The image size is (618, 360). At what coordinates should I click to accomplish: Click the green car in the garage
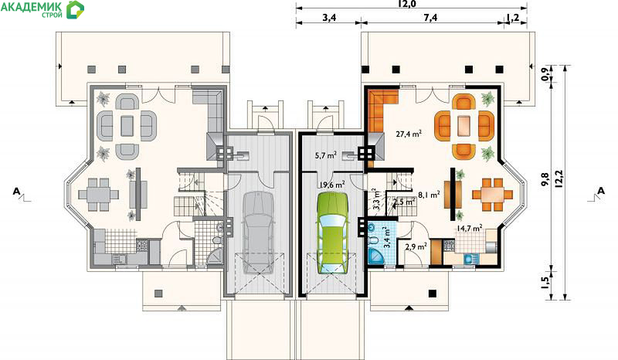(x=333, y=233)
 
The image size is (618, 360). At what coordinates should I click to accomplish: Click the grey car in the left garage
(x=258, y=233)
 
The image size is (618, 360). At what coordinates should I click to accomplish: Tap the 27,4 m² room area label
(x=409, y=134)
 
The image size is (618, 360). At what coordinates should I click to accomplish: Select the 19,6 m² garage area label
(x=332, y=184)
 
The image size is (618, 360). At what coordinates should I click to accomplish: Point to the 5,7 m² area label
(x=325, y=155)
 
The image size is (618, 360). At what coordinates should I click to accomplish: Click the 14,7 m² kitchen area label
(x=470, y=228)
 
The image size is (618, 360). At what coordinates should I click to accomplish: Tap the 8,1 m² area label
(x=429, y=195)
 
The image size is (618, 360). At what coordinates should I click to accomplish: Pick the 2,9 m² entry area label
(x=416, y=247)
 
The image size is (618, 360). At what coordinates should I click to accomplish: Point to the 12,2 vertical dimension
(x=558, y=179)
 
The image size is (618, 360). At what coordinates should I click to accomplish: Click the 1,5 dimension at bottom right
(x=545, y=283)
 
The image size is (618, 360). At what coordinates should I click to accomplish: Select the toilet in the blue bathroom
(x=372, y=240)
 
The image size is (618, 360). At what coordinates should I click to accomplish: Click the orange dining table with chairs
(x=492, y=195)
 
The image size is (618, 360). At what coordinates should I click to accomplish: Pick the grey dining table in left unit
(x=98, y=195)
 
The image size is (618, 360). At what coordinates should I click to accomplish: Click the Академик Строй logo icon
(x=75, y=9)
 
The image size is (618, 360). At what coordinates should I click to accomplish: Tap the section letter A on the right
(x=601, y=191)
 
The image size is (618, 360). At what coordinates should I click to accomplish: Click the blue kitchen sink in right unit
(x=469, y=259)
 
